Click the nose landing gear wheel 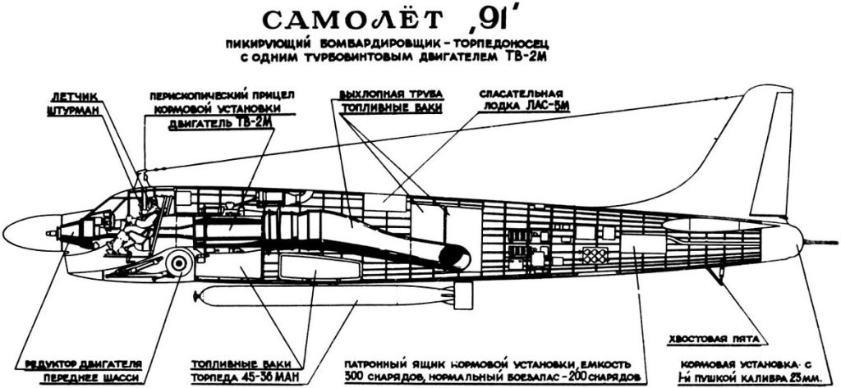178,263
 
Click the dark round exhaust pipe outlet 454,256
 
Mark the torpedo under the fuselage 329,298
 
